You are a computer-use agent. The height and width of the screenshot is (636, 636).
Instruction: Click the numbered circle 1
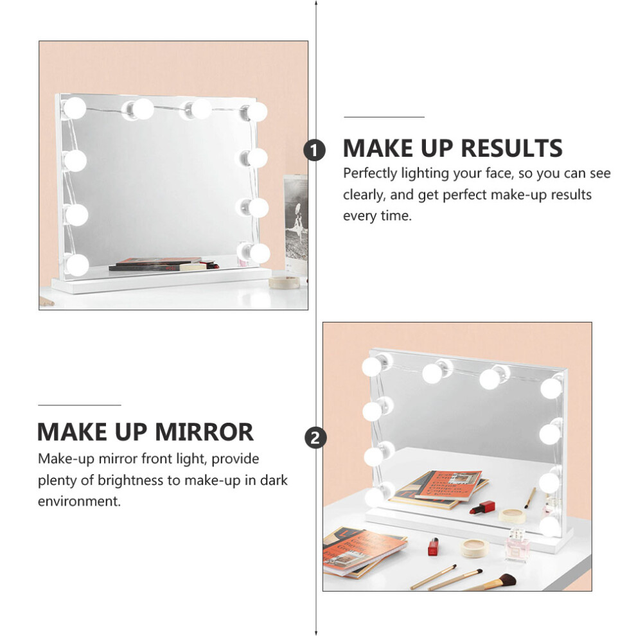tap(314, 150)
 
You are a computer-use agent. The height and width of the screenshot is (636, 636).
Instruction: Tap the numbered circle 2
tap(315, 438)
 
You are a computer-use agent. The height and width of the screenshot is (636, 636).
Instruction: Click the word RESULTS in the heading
tap(512, 148)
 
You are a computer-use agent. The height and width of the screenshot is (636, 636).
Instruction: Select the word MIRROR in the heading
tap(204, 432)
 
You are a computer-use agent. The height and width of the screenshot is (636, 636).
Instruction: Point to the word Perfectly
tap(370, 173)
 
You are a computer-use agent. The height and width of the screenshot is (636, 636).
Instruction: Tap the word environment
tap(79, 501)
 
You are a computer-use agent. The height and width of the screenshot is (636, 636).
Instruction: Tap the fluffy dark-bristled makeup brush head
tap(506, 579)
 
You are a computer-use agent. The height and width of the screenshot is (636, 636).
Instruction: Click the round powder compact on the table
tap(475, 548)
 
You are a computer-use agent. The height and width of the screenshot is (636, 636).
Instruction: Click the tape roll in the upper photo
tap(284, 282)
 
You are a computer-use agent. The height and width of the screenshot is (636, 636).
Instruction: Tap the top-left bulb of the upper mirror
tap(75, 109)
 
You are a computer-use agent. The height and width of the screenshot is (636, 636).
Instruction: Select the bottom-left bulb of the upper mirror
tap(77, 265)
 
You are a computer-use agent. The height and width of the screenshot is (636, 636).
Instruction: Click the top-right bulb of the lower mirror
tap(551, 388)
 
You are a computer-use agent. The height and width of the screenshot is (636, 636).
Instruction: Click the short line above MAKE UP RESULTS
tap(384, 117)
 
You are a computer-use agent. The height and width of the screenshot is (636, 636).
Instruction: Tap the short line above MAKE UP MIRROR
tap(80, 405)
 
